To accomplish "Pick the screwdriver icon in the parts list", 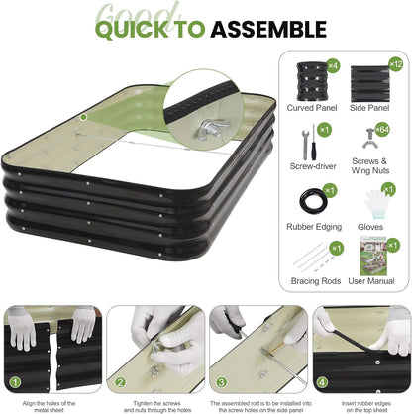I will (x=309, y=140).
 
